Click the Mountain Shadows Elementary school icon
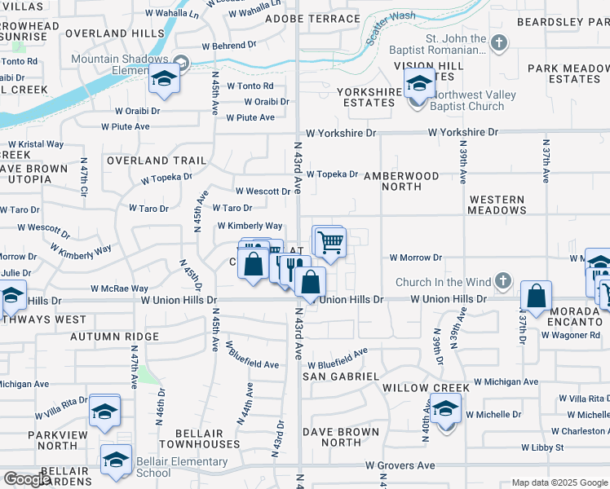(163, 79)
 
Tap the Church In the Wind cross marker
(503, 282)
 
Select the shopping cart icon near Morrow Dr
(330, 241)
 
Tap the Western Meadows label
(497, 205)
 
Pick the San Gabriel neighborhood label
(340, 376)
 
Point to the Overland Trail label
(156, 161)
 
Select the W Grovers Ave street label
(400, 465)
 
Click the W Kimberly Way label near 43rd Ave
(250, 226)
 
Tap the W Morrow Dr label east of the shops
(415, 258)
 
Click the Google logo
(27, 479)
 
